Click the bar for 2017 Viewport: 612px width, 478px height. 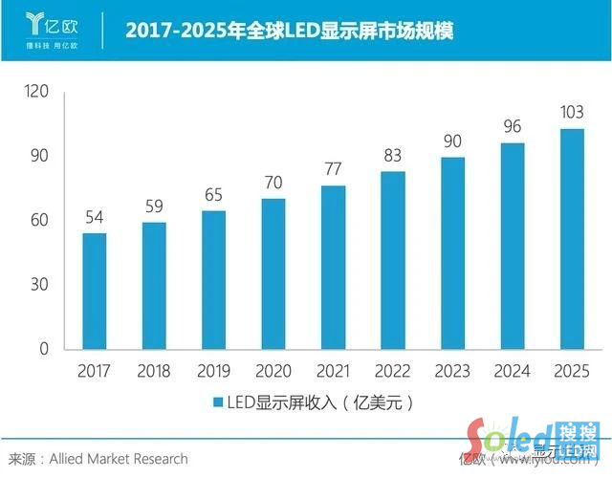pyautogui.click(x=94, y=291)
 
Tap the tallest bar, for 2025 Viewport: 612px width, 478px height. pyautogui.click(x=572, y=239)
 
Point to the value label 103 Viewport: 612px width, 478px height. pyautogui.click(x=572, y=114)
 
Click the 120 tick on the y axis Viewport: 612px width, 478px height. pyautogui.click(x=36, y=93)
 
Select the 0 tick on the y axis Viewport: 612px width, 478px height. pyautogui.click(x=44, y=349)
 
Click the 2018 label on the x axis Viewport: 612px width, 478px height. pyautogui.click(x=153, y=370)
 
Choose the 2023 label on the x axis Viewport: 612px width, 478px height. pyautogui.click(x=452, y=370)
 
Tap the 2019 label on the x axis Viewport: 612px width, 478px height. pyautogui.click(x=213, y=370)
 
